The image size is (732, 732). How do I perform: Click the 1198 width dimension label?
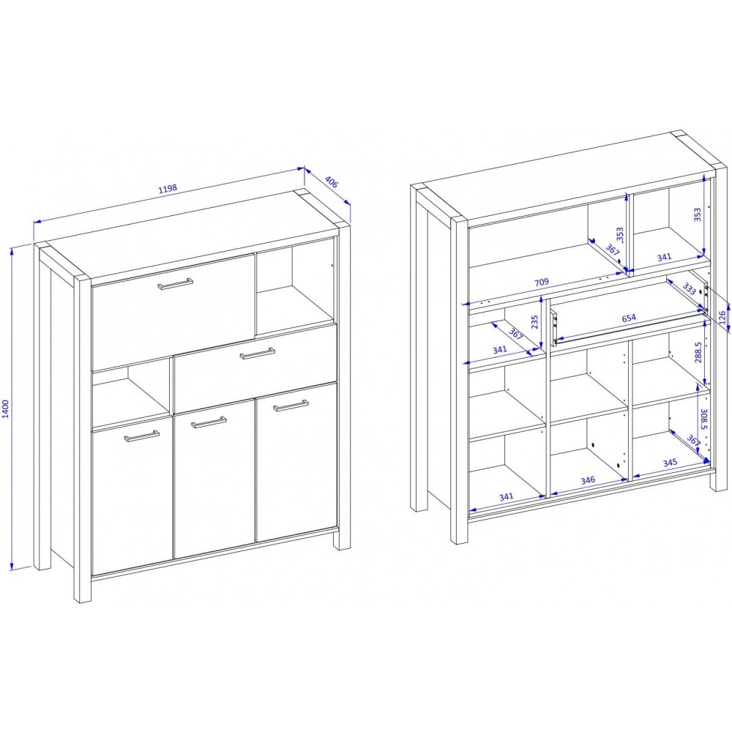pyautogui.click(x=168, y=189)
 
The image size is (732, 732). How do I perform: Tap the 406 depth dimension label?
pyautogui.click(x=331, y=182)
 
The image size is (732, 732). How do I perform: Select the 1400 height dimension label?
pyautogui.click(x=6, y=408)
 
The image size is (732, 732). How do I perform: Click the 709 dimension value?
pyautogui.click(x=541, y=283)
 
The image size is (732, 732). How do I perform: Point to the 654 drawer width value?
pyautogui.click(x=629, y=318)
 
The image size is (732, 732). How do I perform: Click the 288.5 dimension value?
pyautogui.click(x=698, y=352)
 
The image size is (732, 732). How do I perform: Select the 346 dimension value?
pyautogui.click(x=588, y=479)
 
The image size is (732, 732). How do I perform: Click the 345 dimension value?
pyautogui.click(x=670, y=463)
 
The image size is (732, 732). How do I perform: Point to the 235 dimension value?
pyautogui.click(x=535, y=321)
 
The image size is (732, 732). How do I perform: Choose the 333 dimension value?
pyautogui.click(x=690, y=288)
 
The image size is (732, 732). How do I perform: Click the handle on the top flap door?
pyautogui.click(x=175, y=284)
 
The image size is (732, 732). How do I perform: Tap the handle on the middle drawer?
pyautogui.click(x=257, y=354)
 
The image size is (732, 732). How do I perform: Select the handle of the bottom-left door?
pyautogui.click(x=142, y=436)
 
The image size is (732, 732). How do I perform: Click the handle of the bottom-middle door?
pyautogui.click(x=209, y=422)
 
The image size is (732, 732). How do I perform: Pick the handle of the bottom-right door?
pyautogui.click(x=291, y=406)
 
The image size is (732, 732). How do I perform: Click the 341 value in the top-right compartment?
pyautogui.click(x=664, y=257)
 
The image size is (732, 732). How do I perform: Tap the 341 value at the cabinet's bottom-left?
pyautogui.click(x=506, y=496)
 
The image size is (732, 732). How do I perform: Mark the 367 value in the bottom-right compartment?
pyautogui.click(x=694, y=441)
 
